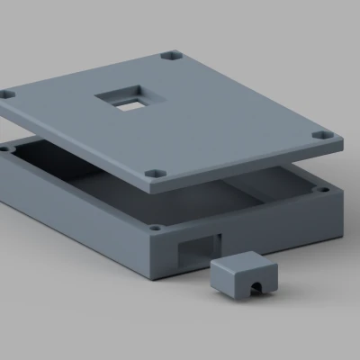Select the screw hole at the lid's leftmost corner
click(x=8, y=93)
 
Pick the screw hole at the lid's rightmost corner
click(x=322, y=136)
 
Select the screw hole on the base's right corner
click(x=321, y=190)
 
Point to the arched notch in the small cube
click(x=254, y=287)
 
